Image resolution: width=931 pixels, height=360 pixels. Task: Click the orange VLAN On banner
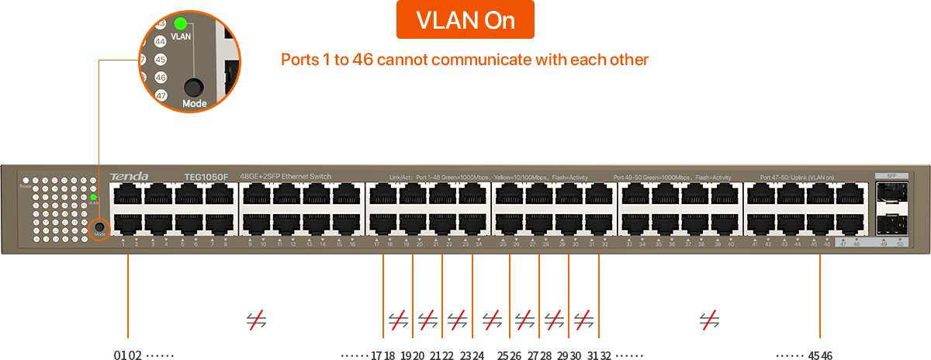(x=465, y=21)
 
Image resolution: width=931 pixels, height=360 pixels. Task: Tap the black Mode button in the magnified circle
(x=193, y=87)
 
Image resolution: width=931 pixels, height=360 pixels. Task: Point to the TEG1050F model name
(x=206, y=177)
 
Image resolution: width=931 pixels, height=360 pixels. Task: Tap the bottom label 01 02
(x=127, y=355)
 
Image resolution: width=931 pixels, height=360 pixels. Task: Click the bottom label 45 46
(x=820, y=355)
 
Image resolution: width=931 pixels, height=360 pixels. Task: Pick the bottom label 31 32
(x=599, y=355)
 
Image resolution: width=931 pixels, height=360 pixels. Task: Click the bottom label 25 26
(x=509, y=355)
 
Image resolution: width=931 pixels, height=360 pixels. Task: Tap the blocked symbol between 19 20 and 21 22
(x=427, y=319)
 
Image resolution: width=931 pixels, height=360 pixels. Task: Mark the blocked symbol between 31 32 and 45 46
(x=708, y=319)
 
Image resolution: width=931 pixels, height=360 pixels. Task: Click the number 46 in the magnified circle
(x=161, y=78)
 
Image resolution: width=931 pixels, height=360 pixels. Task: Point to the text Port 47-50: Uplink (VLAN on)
(x=797, y=178)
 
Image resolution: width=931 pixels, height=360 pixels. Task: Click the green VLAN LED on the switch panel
(x=93, y=197)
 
